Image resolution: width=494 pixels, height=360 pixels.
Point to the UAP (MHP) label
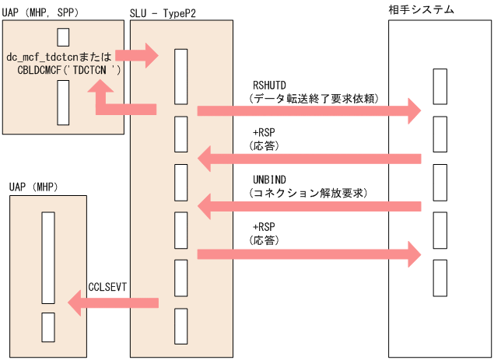(x=28, y=187)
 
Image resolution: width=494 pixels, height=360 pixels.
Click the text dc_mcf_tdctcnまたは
(x=59, y=57)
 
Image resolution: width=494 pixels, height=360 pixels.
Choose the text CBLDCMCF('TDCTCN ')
(x=68, y=70)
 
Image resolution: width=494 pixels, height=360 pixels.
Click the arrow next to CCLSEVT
(x=114, y=302)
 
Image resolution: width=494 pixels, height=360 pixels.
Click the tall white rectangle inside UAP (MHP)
(x=47, y=257)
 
